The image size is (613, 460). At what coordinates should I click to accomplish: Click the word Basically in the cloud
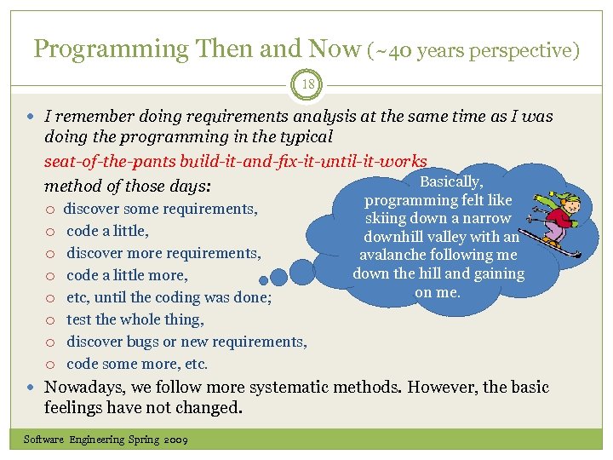(x=451, y=181)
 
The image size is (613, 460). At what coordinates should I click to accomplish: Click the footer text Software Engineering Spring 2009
(x=106, y=440)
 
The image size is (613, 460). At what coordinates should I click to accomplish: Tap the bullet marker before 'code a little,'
(x=51, y=232)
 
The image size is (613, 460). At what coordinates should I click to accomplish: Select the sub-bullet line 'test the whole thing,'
(x=135, y=319)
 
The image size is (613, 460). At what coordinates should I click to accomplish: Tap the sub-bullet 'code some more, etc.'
(x=137, y=364)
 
